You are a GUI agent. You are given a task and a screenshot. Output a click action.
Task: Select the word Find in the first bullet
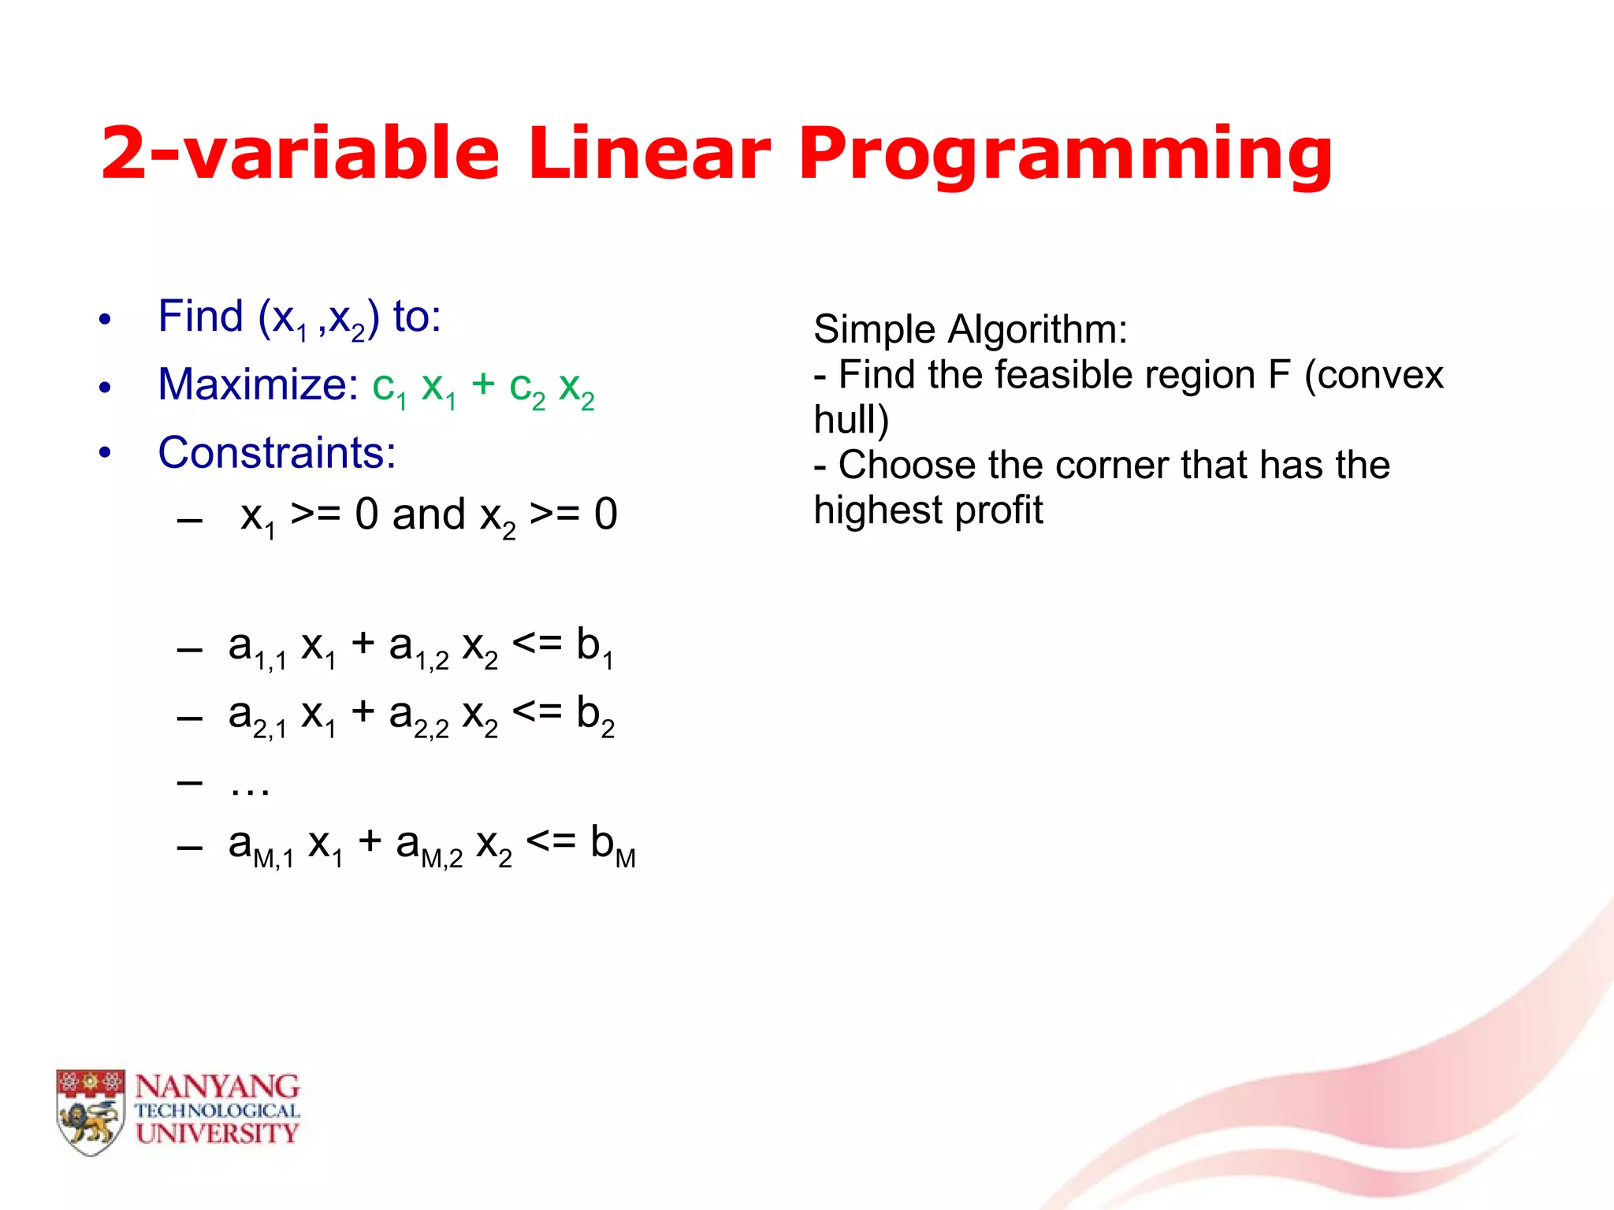[200, 317]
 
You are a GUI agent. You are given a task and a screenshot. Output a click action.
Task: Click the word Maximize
[258, 385]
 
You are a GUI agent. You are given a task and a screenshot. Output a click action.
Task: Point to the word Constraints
[277, 453]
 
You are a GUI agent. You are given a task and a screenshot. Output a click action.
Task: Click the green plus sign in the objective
[482, 385]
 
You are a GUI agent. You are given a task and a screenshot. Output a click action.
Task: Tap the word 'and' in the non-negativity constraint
[429, 514]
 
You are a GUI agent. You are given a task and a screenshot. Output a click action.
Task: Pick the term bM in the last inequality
[612, 845]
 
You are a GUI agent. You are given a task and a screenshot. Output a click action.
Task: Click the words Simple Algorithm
[970, 329]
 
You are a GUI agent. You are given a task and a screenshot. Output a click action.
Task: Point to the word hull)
[851, 420]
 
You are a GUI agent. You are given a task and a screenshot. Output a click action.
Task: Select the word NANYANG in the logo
[217, 1087]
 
